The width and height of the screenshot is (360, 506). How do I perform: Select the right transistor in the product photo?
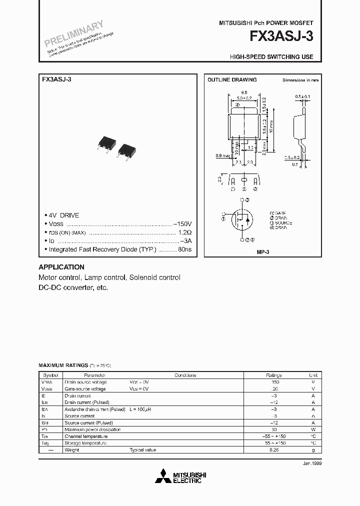click(126, 150)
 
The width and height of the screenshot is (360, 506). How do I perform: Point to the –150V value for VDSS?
click(182, 224)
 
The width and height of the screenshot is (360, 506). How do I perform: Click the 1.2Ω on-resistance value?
click(184, 232)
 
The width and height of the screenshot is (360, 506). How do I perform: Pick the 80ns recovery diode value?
click(184, 248)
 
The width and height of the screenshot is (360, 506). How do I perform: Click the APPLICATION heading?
click(61, 267)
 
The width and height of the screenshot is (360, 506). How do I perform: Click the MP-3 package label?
click(263, 253)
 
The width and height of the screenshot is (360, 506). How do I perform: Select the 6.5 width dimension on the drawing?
click(244, 92)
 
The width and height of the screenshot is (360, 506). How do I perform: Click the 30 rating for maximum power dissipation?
click(273, 429)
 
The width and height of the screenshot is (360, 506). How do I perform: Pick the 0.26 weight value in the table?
click(273, 450)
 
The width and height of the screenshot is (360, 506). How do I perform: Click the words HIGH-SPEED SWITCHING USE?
click(271, 56)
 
